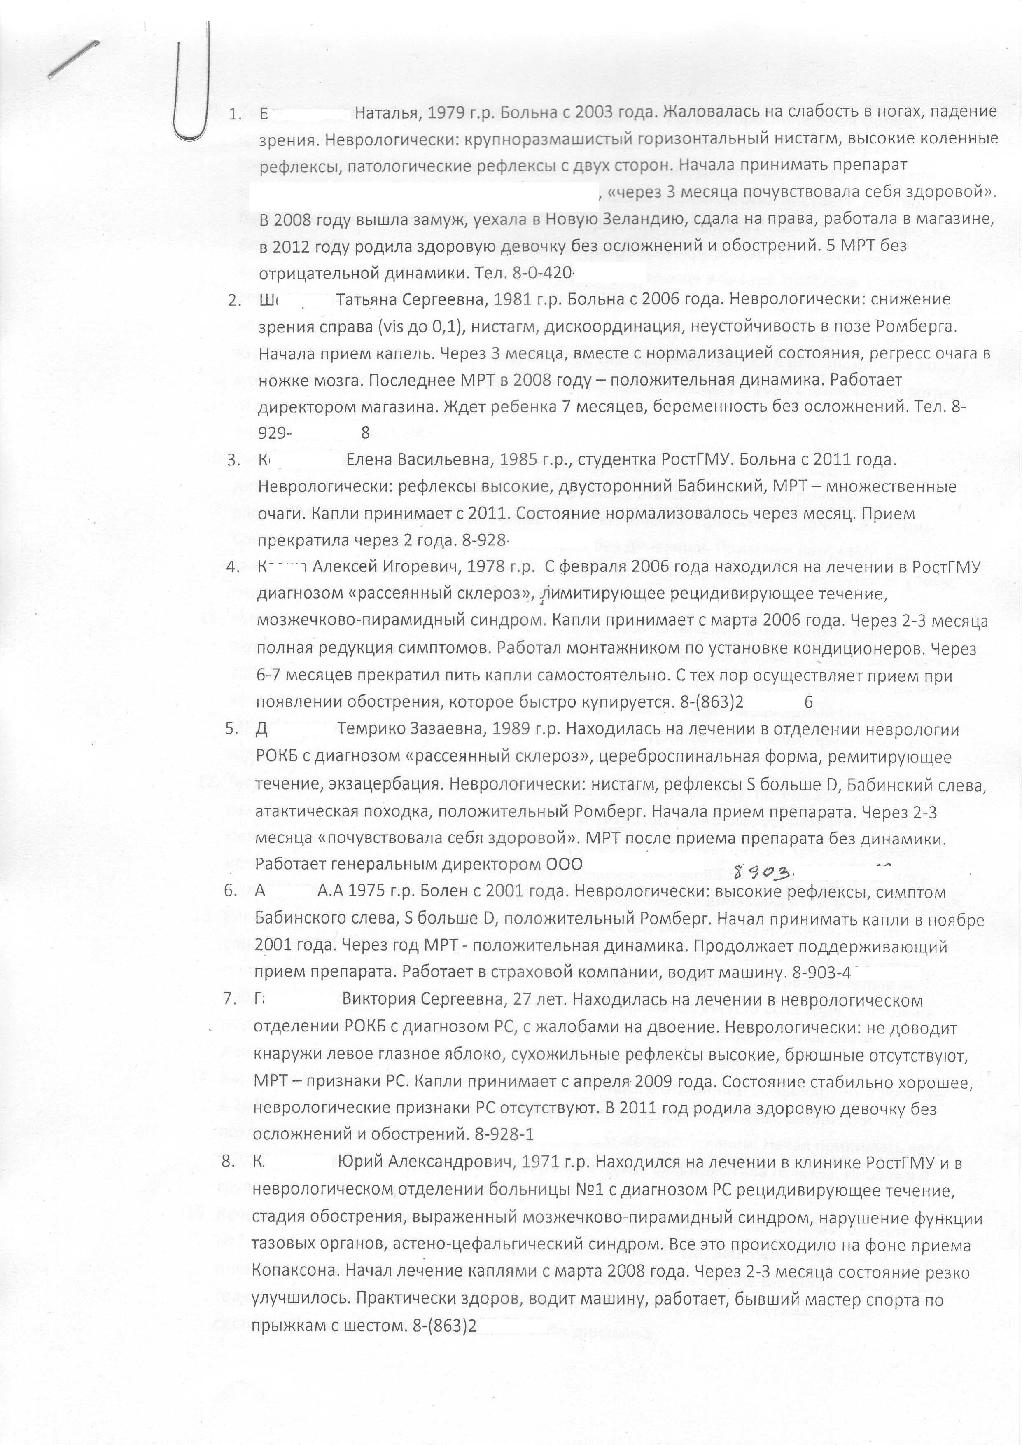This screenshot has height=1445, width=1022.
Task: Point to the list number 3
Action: (x=232, y=460)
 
